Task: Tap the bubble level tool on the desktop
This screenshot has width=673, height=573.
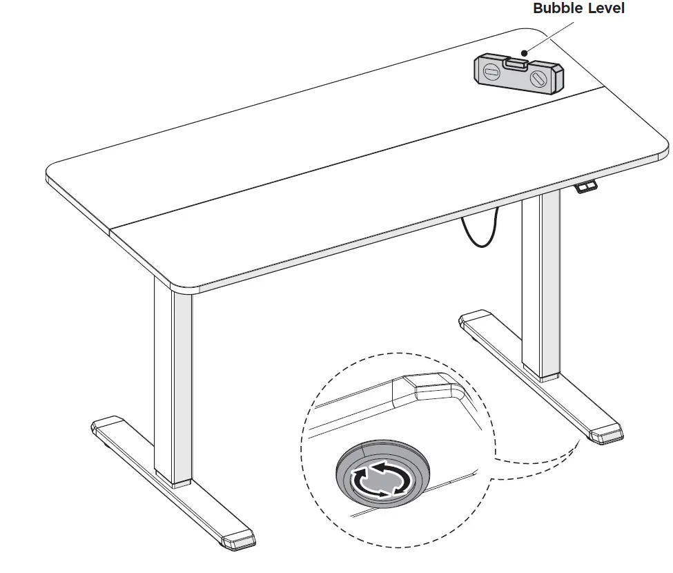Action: [x=518, y=75]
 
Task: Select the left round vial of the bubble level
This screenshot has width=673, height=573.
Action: [x=491, y=72]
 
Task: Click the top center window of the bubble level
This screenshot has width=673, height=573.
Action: [x=516, y=63]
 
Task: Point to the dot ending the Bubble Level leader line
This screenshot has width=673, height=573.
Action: [x=525, y=52]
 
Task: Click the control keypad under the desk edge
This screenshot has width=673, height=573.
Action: [x=586, y=186]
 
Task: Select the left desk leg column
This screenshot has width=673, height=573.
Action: [x=173, y=387]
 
